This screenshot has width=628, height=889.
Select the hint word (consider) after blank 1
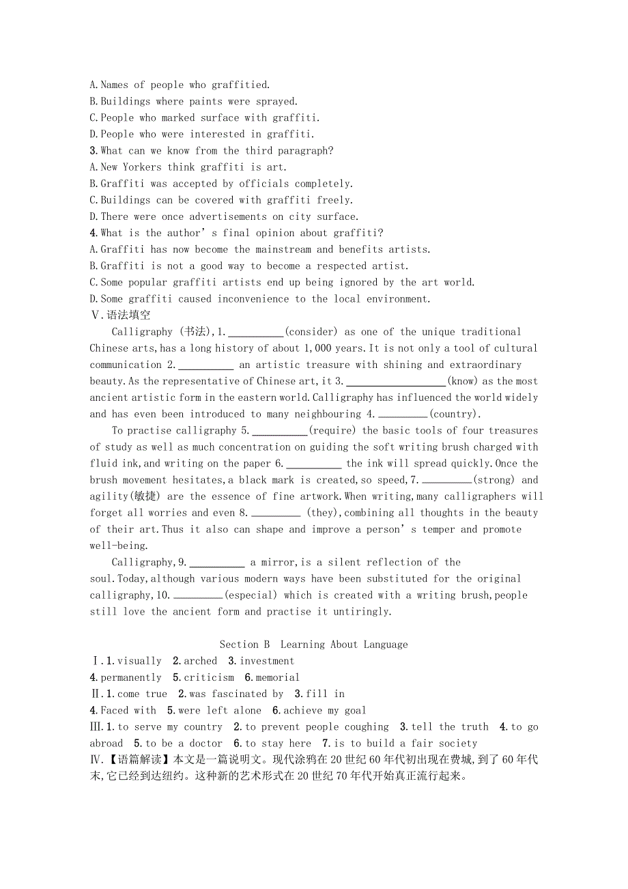[x=311, y=332]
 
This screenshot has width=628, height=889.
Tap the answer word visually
[x=139, y=661]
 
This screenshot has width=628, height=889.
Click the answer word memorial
[x=278, y=677]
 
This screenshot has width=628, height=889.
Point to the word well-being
[x=117, y=546]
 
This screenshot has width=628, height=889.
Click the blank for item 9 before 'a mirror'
[x=217, y=563]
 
